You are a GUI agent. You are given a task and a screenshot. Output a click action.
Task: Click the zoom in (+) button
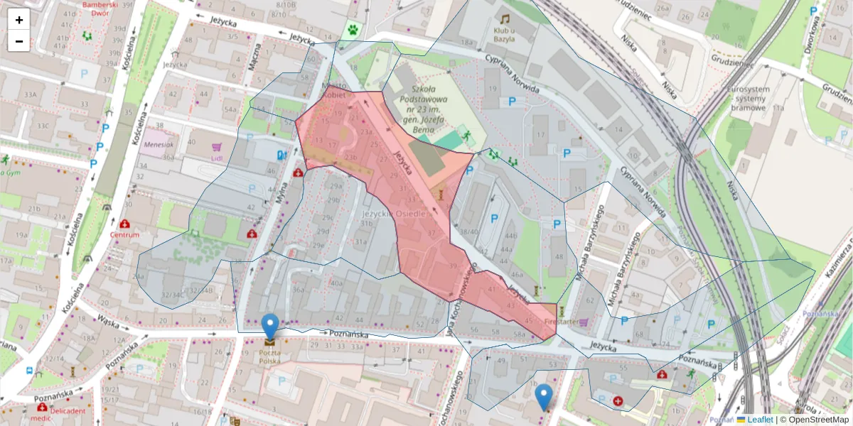(x=19, y=20)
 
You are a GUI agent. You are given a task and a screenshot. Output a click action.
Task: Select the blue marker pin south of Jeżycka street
(x=544, y=397)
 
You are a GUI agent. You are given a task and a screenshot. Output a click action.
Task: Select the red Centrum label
(x=125, y=234)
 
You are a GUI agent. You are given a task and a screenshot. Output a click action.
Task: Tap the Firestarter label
(x=561, y=322)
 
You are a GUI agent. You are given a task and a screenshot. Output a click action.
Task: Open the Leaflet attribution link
(x=760, y=420)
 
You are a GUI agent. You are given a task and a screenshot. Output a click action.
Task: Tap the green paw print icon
(x=353, y=31)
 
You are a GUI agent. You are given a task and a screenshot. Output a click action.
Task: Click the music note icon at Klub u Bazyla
(x=505, y=19)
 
